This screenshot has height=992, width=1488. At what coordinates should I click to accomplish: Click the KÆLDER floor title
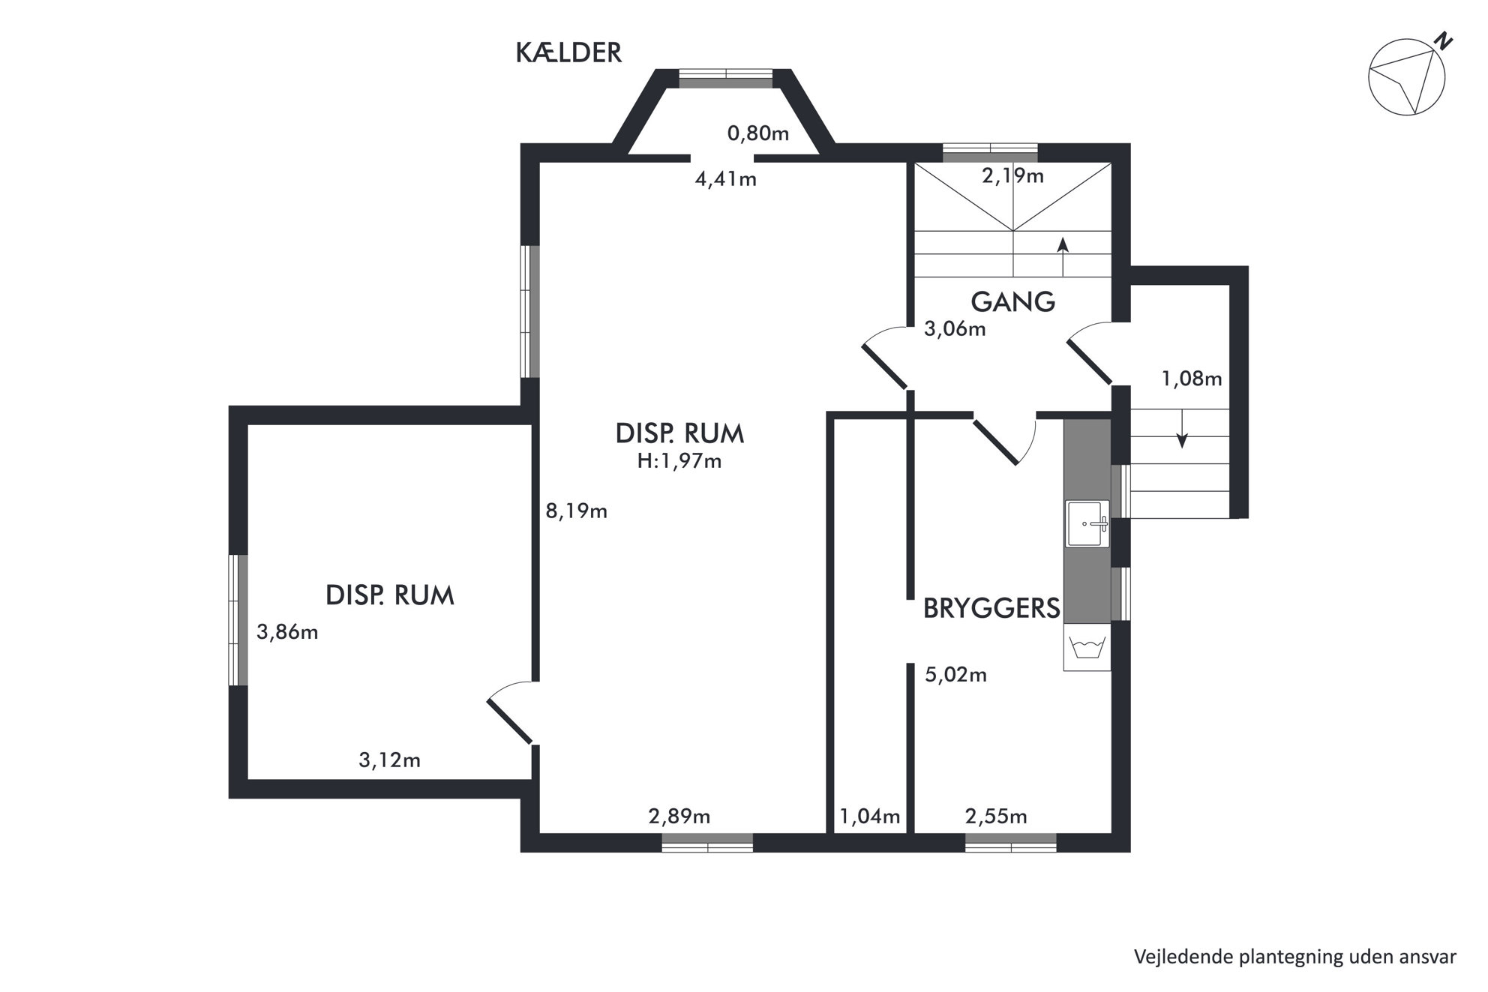point(568,53)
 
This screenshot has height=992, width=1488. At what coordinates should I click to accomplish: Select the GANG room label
point(1013,302)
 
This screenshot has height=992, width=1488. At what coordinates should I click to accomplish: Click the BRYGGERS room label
point(991,608)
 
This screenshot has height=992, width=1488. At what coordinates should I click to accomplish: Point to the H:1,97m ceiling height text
point(679,461)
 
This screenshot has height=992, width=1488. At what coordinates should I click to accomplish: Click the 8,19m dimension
point(576,511)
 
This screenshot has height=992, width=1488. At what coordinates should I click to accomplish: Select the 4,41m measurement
point(725,179)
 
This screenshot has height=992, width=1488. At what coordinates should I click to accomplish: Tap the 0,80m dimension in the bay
point(758,133)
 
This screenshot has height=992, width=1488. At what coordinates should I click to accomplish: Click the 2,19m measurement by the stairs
point(1012,176)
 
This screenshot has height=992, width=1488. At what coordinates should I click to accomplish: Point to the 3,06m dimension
point(955,329)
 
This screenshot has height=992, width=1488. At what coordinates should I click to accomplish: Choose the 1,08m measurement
point(1192,379)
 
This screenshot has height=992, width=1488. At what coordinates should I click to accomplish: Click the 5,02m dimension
point(955,675)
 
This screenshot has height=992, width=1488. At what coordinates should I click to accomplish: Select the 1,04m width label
point(870,817)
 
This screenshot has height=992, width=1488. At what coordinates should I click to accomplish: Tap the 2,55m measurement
point(996,817)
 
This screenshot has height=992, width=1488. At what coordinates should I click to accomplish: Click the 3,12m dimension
point(389,760)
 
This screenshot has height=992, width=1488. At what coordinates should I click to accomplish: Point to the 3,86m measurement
point(287,632)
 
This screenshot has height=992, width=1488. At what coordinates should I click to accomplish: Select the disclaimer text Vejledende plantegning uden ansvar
point(1295,957)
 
